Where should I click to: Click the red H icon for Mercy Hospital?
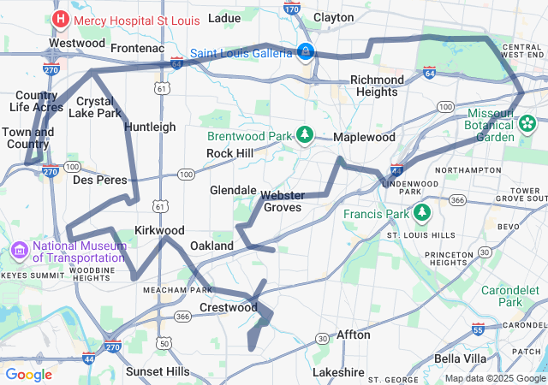pos(61,18)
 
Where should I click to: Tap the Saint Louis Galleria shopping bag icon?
pos(305,52)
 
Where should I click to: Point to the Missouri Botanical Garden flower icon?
pos(527,125)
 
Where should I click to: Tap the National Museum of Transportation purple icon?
pos(20,251)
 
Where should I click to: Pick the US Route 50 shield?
pos(163,344)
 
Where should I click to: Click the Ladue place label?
pos(224,17)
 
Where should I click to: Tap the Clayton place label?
pos(334,17)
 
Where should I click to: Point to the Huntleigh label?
pos(150,127)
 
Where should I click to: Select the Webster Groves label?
pos(283,201)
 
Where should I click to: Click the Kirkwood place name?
pos(159,230)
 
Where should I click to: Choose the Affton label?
pos(354,335)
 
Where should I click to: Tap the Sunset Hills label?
pos(158,372)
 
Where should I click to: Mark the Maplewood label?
pos(364,137)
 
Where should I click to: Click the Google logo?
pos(29,374)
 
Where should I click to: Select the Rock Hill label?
pos(229,153)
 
